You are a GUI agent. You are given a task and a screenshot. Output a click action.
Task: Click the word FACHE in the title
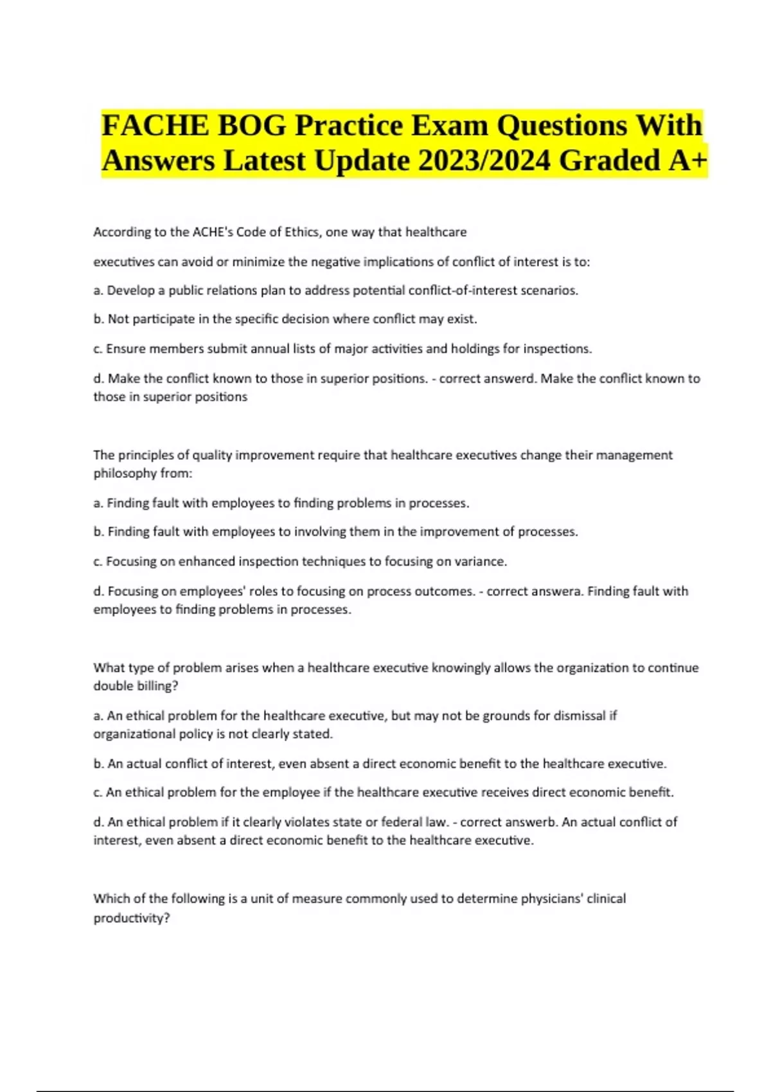[155, 125]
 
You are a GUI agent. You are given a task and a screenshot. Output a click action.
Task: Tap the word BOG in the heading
[252, 125]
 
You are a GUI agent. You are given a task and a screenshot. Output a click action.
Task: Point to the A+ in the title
[687, 161]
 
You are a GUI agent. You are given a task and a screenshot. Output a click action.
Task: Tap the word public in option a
[189, 290]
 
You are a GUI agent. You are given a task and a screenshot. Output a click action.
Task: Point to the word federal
[402, 822]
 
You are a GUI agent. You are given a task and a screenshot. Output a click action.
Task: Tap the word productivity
[131, 918]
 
